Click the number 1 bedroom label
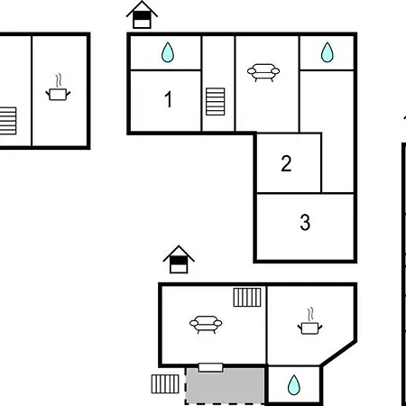coord(169,99)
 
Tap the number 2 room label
coord(286,163)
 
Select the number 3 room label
coord(305,222)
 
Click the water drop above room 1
coord(168,52)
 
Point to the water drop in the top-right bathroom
coord(327,52)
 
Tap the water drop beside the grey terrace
coord(294,385)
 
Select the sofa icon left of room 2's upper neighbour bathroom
coord(263,72)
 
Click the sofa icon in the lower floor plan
coord(206,324)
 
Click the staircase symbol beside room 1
coord(216,101)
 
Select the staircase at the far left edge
coord(8,121)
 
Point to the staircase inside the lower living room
coord(247,297)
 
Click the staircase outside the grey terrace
coord(165,383)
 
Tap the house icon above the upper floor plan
coord(142,14)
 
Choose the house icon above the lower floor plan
coord(179,259)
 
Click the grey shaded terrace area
coord(225,385)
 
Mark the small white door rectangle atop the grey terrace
coord(210,367)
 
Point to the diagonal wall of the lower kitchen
coord(338,354)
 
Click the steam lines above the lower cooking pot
coord(311,314)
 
